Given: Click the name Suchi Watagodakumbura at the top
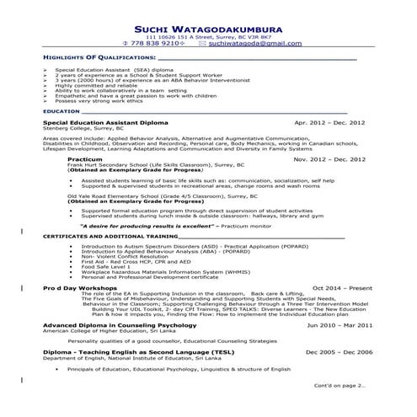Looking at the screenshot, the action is point(208,26).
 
